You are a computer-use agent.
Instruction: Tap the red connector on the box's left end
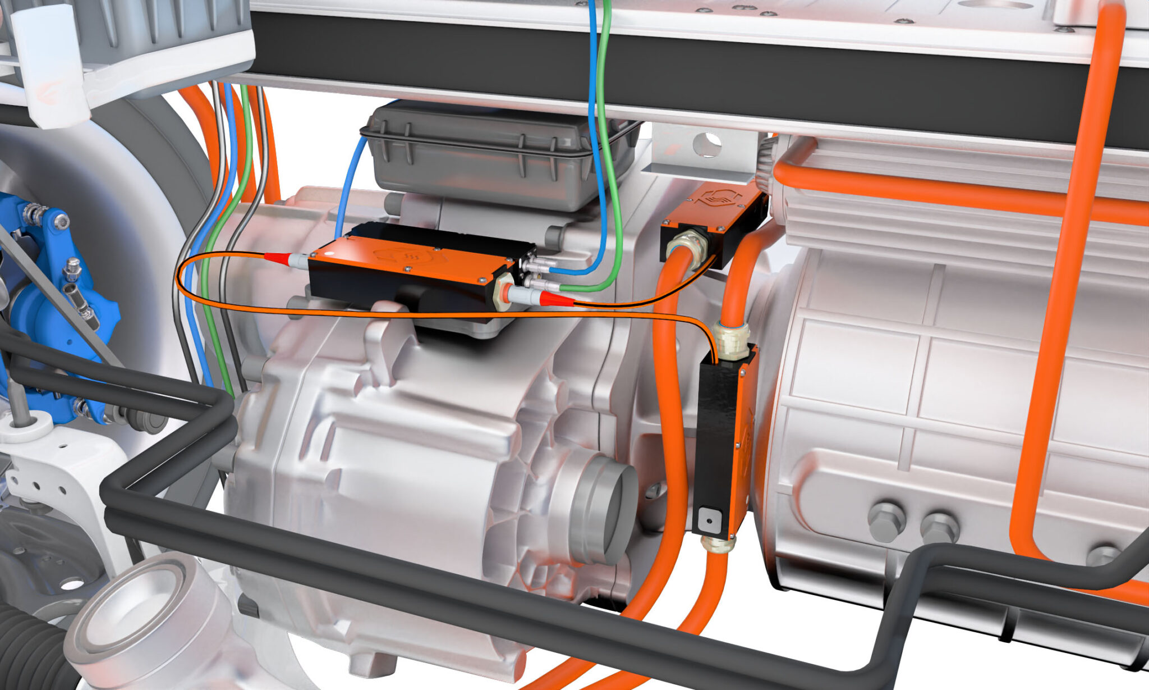[x=278, y=258]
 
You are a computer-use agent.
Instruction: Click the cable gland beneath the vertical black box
[x=718, y=544]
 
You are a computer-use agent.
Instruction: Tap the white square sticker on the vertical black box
[x=709, y=520]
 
